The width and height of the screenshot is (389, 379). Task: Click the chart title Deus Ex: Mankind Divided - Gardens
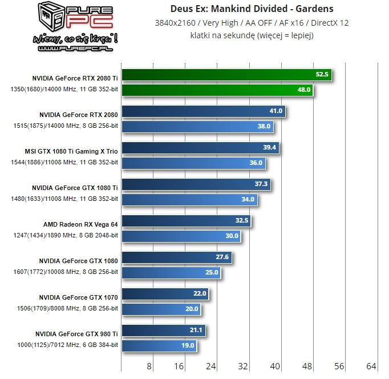pyautogui.click(x=252, y=9)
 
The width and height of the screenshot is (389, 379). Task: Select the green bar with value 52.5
pyautogui.click(x=226, y=75)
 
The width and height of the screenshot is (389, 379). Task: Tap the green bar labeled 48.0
pyautogui.click(x=217, y=90)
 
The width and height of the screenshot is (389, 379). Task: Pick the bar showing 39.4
pyautogui.click(x=200, y=148)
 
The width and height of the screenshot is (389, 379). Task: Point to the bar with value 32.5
pyautogui.click(x=186, y=220)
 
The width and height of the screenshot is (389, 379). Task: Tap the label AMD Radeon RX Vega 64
pyautogui.click(x=80, y=224)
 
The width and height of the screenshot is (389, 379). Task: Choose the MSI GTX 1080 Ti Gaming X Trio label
pyautogui.click(x=75, y=151)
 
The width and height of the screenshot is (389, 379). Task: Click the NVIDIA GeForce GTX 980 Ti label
pyautogui.click(x=76, y=333)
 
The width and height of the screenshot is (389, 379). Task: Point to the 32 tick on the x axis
pyautogui.click(x=244, y=366)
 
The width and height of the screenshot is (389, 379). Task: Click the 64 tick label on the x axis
pyautogui.click(x=371, y=366)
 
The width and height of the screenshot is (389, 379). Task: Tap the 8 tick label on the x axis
pyautogui.click(x=149, y=366)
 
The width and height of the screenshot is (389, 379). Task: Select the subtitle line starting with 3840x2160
pyautogui.click(x=252, y=23)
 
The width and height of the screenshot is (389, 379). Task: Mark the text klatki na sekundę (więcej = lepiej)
pyautogui.click(x=252, y=35)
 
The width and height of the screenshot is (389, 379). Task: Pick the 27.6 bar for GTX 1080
pyautogui.click(x=176, y=257)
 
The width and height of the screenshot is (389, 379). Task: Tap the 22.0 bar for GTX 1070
pyautogui.click(x=165, y=294)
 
